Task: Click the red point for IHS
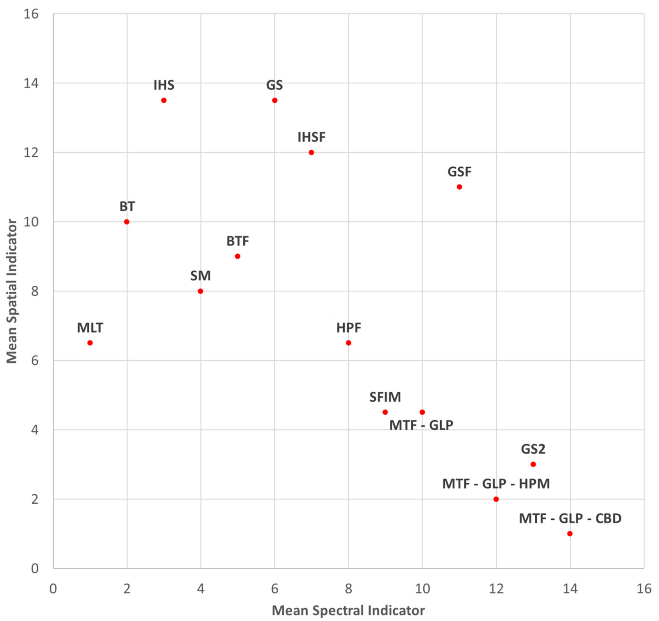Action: (164, 100)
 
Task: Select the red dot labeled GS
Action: (274, 100)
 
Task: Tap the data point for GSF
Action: (459, 187)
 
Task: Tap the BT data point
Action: (127, 222)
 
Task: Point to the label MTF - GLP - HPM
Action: (496, 484)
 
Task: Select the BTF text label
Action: (238, 241)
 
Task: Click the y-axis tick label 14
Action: (31, 83)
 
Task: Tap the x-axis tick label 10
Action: (422, 589)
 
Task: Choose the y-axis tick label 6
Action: (35, 361)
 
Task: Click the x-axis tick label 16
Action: (644, 589)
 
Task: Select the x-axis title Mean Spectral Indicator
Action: (348, 610)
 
